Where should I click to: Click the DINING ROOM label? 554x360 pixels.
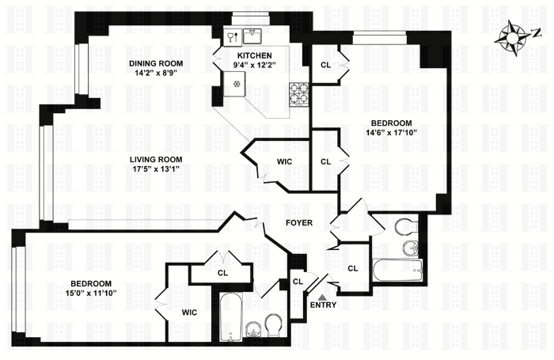click(x=155, y=65)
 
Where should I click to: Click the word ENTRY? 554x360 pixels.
click(x=324, y=305)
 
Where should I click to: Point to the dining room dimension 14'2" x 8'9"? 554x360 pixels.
click(x=155, y=76)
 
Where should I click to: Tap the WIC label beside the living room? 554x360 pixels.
click(x=285, y=161)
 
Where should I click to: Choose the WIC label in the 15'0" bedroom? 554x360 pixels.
click(x=189, y=313)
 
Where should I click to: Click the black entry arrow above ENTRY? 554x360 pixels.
click(x=323, y=294)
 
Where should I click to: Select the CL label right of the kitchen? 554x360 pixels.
click(x=325, y=66)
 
